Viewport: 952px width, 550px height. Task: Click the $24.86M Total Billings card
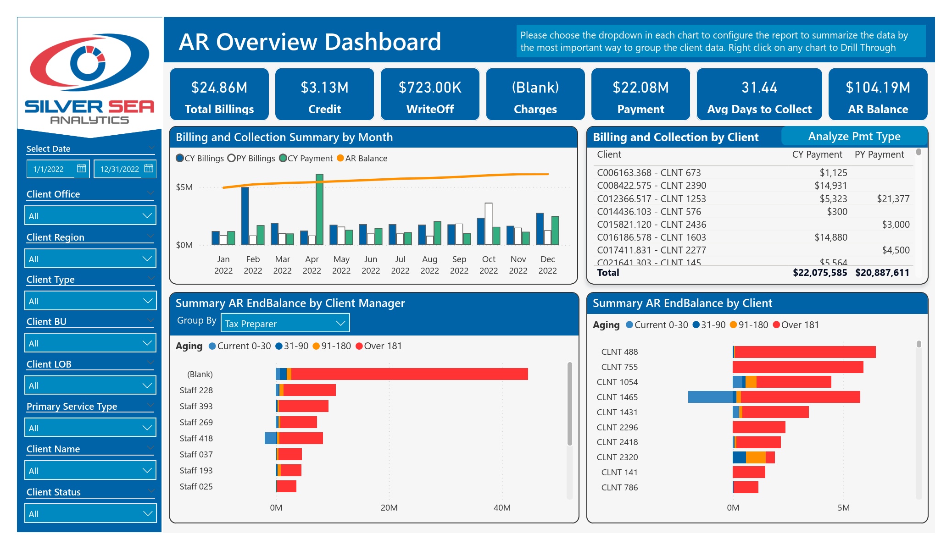pos(219,94)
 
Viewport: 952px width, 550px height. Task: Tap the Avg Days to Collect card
pos(759,94)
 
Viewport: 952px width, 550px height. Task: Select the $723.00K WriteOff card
pos(430,94)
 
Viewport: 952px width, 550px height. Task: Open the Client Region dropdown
pos(90,258)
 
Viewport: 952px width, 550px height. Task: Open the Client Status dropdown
pos(90,513)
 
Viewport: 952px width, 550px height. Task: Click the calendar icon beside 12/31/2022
pos(149,169)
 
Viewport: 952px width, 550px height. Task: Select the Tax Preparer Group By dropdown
pos(285,323)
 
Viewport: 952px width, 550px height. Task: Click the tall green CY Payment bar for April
pos(319,209)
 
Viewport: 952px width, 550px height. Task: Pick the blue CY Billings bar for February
pos(245,216)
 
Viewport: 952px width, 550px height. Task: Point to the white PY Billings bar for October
pos(489,224)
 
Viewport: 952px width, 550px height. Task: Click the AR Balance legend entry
pos(362,158)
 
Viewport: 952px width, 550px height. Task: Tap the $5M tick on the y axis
pos(184,187)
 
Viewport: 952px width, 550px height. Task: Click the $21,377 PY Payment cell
pos(893,198)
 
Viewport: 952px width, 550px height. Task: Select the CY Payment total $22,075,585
pos(820,273)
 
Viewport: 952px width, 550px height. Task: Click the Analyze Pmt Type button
pos(854,136)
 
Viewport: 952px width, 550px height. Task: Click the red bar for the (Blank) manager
pos(410,374)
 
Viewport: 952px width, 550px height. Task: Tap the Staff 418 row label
pos(196,438)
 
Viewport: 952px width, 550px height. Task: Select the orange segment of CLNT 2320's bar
pos(756,457)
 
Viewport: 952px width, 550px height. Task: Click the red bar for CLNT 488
pos(805,352)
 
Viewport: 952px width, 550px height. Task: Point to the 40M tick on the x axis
pos(502,507)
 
